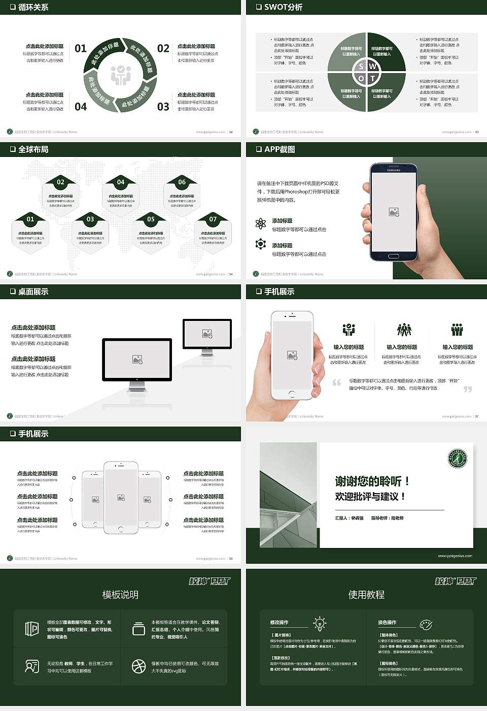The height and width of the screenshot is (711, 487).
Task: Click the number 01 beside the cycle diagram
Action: click(81, 48)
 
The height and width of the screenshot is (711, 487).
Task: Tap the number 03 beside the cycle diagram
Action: click(163, 107)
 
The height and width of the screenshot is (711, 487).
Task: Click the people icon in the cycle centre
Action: click(121, 75)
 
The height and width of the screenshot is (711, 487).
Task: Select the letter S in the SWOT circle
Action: click(361, 67)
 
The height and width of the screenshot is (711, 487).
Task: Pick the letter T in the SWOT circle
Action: click(373, 79)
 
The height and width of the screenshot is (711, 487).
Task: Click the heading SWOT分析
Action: click(283, 7)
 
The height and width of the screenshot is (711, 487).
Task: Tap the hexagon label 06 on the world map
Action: click(182, 182)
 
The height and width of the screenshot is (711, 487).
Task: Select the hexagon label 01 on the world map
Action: click(30, 219)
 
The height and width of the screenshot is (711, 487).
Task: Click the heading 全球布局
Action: click(33, 149)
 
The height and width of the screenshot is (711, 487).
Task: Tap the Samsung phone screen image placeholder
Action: click(394, 212)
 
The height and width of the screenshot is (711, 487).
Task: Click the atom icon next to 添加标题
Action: click(261, 223)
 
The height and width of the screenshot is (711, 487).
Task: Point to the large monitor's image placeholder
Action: click(137, 360)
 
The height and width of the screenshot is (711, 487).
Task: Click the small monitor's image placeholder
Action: click(207, 334)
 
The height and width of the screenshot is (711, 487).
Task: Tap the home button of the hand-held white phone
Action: click(292, 394)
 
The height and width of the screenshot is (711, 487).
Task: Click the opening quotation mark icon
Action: click(336, 382)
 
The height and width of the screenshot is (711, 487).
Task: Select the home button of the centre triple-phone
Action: click(121, 529)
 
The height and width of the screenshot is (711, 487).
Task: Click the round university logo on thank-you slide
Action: click(457, 459)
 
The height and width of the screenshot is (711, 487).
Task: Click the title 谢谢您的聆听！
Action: click(372, 481)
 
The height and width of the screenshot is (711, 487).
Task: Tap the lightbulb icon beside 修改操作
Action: click(320, 623)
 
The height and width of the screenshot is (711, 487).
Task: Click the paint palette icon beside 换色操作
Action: click(426, 624)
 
